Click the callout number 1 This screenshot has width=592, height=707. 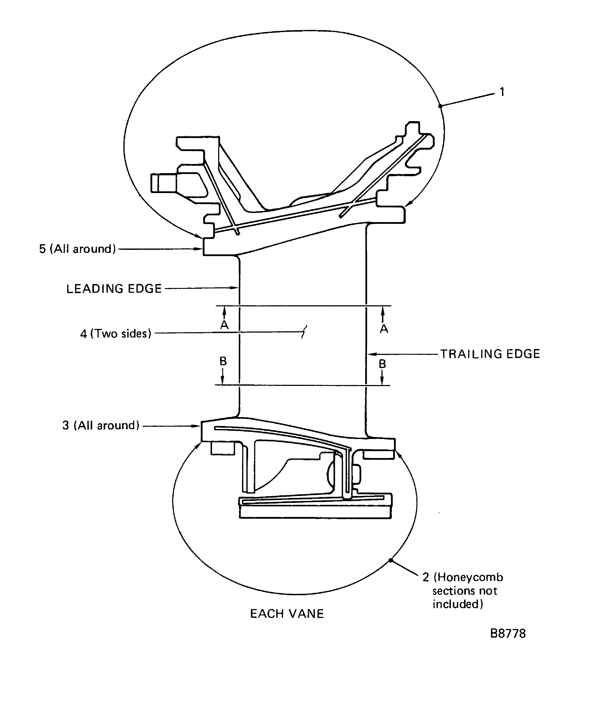click(x=502, y=92)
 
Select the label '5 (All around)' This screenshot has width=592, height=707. click(x=77, y=249)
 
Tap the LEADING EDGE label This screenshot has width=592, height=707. click(x=114, y=289)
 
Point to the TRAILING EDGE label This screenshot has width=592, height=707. click(x=490, y=354)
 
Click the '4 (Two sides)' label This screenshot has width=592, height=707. click(x=116, y=334)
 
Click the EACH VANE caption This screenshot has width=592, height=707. click(x=287, y=614)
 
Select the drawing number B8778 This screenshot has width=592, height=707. click(x=508, y=634)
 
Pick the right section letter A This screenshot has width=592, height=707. click(x=384, y=329)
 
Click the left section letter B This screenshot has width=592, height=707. click(x=223, y=361)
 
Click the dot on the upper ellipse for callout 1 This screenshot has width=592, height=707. click(x=440, y=106)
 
